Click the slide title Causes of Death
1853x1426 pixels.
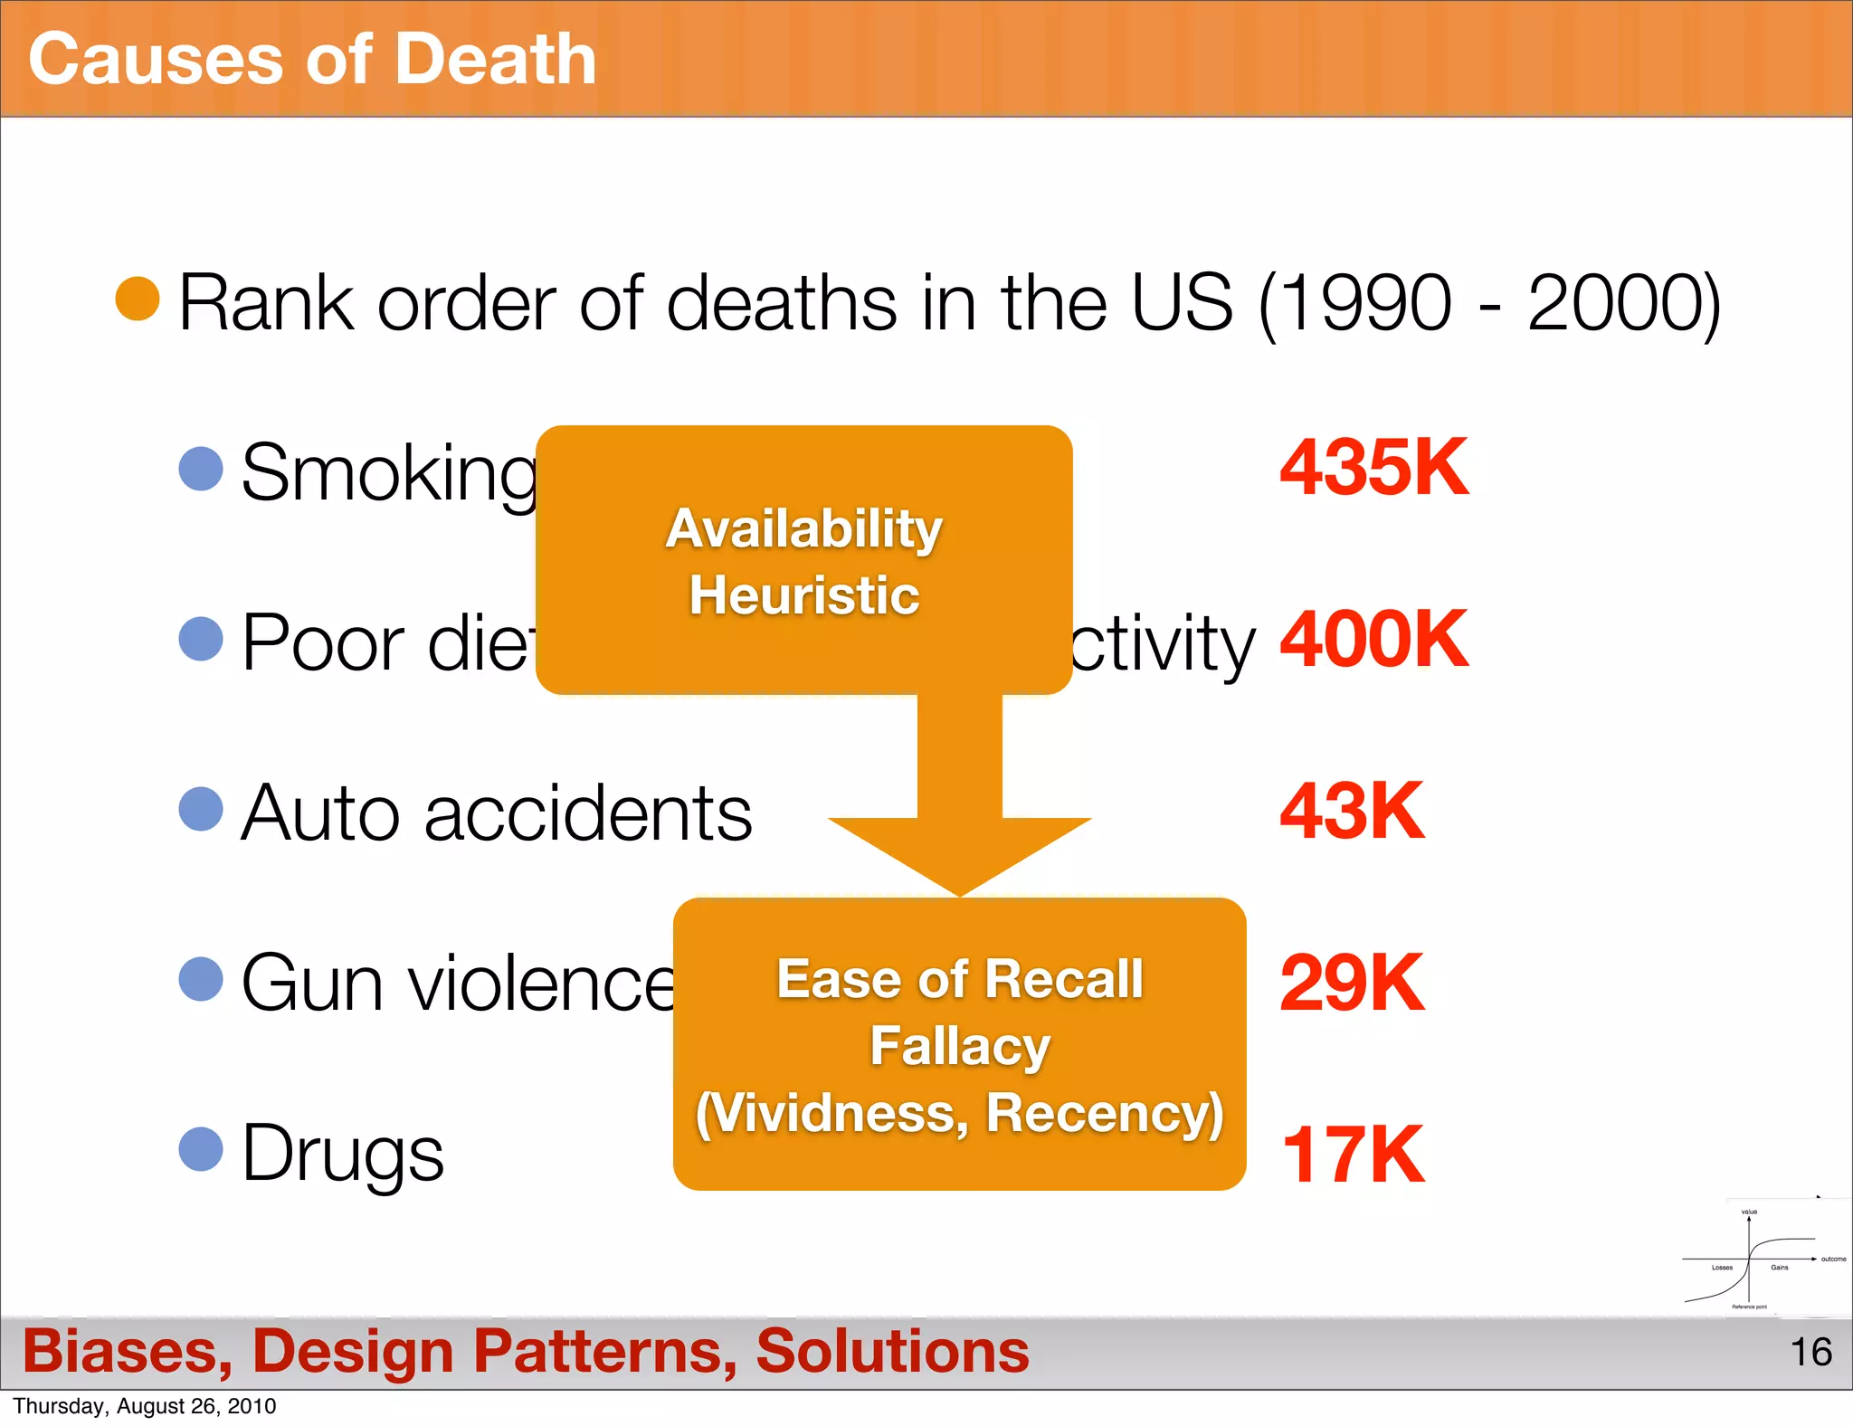click(x=312, y=60)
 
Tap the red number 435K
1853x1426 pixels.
click(x=1373, y=468)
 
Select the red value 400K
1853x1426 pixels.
click(x=1373, y=640)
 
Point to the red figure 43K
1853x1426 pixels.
click(x=1352, y=812)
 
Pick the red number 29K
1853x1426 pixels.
click(x=1352, y=983)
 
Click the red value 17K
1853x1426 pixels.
click(x=1353, y=1155)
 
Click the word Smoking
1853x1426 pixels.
click(x=389, y=473)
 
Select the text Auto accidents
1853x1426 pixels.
click(x=496, y=813)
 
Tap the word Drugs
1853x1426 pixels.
click(x=343, y=1154)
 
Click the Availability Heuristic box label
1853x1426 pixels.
click(x=803, y=561)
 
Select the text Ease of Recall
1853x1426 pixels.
click(x=960, y=979)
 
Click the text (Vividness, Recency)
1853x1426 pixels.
click(x=960, y=1113)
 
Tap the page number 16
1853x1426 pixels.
click(x=1810, y=1352)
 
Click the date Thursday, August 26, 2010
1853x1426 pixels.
click(x=145, y=1406)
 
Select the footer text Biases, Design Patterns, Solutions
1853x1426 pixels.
click(x=526, y=1351)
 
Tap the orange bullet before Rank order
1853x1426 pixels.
click(x=138, y=299)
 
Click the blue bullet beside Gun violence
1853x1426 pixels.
click(x=201, y=979)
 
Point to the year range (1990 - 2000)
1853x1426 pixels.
click(x=1489, y=303)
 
